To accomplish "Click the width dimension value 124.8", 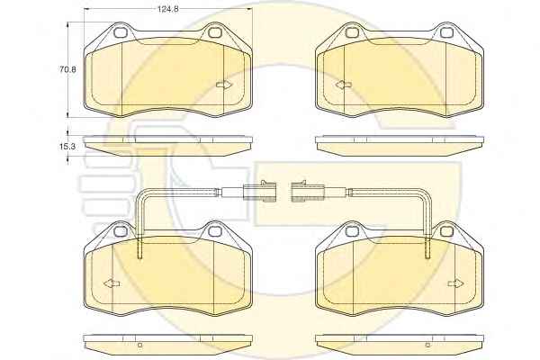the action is tap(167, 9).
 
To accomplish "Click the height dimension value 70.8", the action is tap(67, 69).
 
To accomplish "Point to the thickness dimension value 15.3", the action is tap(67, 147).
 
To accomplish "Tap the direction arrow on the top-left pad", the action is tap(224, 85).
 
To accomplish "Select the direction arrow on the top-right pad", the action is tap(344, 85).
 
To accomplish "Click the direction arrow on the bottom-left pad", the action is tap(112, 283).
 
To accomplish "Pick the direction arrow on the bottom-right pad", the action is tap(456, 283).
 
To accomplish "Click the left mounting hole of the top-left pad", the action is tap(121, 32).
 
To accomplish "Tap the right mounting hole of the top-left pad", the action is tap(214, 32).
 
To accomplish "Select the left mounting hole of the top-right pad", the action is tap(352, 32).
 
